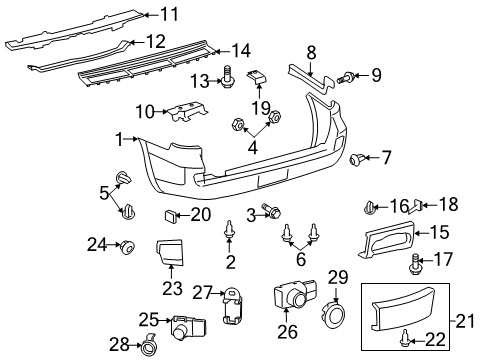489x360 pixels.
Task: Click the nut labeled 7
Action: pyautogui.click(x=357, y=158)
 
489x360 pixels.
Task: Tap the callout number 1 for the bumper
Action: pyautogui.click(x=119, y=139)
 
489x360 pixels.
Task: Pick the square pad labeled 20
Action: pyautogui.click(x=169, y=214)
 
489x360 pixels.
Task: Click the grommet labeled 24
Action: pyautogui.click(x=128, y=245)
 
